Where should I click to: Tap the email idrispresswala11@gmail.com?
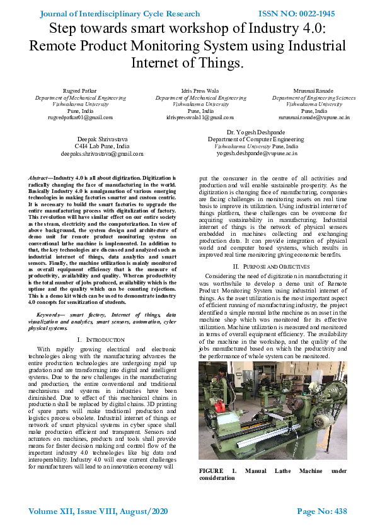(200, 117)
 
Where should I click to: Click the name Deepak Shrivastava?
(101, 138)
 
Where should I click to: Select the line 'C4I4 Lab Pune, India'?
(101, 146)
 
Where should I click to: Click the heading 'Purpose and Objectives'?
(272, 267)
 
